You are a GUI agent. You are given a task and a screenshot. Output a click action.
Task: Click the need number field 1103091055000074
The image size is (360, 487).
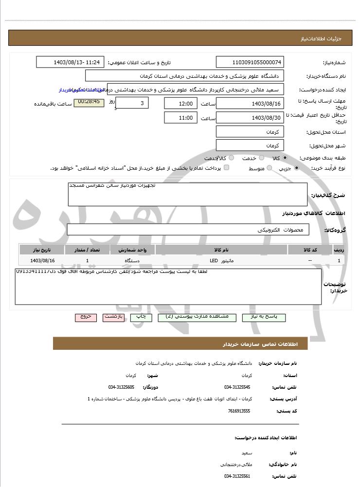(x=250, y=62)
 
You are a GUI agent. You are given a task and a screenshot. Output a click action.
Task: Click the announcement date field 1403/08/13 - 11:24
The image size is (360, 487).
(x=70, y=62)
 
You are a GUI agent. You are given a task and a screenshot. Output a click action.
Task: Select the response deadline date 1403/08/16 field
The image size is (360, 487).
(x=250, y=103)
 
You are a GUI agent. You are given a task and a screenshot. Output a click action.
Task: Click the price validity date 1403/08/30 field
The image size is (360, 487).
(x=250, y=118)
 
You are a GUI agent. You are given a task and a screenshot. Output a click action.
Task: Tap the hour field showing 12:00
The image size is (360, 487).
(x=181, y=103)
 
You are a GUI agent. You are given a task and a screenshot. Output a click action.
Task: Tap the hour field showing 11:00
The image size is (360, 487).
(x=181, y=118)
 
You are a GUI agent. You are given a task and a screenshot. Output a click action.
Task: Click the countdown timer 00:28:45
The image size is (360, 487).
(x=89, y=102)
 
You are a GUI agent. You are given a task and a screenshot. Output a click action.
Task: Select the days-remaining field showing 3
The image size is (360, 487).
(x=133, y=103)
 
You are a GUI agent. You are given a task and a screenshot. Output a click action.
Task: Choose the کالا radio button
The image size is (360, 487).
(x=285, y=158)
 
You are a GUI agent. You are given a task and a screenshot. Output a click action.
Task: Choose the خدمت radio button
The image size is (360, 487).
(x=261, y=158)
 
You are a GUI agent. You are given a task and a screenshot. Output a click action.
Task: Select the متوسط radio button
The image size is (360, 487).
(x=268, y=168)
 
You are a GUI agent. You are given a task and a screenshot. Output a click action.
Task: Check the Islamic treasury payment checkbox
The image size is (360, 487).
(x=226, y=168)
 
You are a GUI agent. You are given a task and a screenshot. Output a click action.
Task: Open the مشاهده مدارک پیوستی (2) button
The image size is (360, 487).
(x=197, y=317)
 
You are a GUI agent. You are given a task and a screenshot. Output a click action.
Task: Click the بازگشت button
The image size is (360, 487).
(x=113, y=317)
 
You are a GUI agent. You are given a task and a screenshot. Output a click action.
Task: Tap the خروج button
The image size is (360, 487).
(x=86, y=317)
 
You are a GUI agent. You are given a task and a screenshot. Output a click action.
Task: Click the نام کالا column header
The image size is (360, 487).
(x=221, y=250)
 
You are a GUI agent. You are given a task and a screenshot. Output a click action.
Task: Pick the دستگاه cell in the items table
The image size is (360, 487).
(x=132, y=261)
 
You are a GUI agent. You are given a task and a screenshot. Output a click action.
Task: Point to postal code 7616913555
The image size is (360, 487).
(x=239, y=411)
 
